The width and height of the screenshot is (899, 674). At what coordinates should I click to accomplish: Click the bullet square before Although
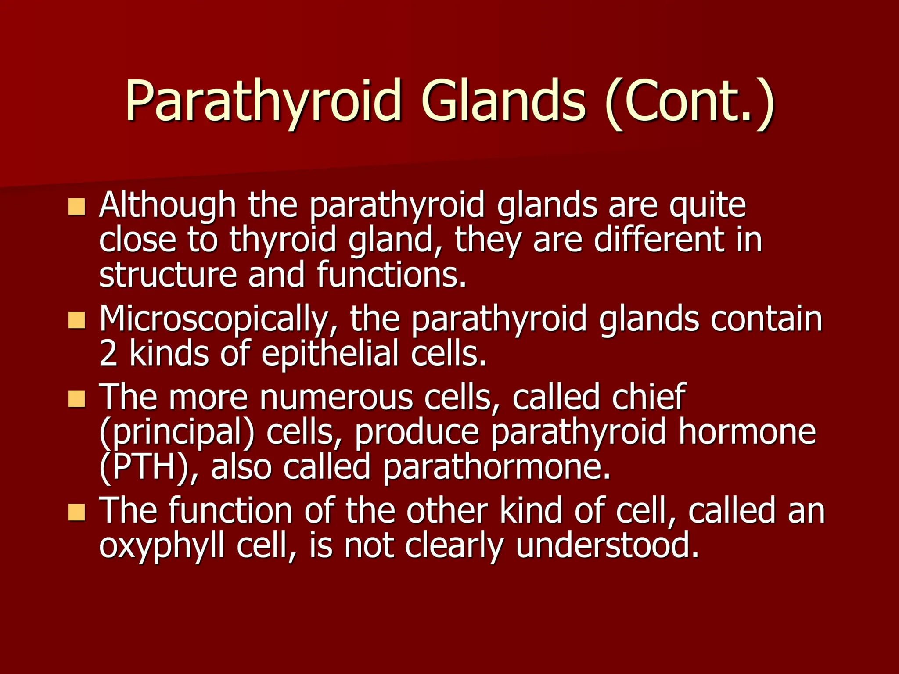pos(77,207)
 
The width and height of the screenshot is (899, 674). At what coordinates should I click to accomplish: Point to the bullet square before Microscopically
pos(77,320)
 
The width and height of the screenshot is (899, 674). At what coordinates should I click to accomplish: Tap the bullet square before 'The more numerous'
pos(77,399)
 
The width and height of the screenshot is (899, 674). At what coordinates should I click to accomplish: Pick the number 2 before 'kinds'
pos(108,354)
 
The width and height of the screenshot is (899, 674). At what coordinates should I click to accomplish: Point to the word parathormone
pos(496,468)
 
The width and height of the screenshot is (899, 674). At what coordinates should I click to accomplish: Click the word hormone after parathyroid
pos(747,432)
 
